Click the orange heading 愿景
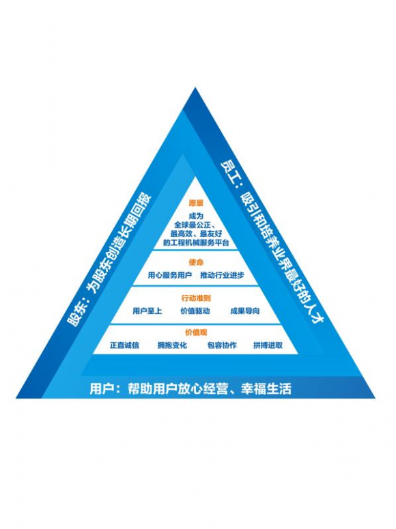pyautogui.click(x=196, y=203)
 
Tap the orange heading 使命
pyautogui.click(x=196, y=262)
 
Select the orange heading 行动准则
pyautogui.click(x=196, y=298)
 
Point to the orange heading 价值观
pyautogui.click(x=196, y=332)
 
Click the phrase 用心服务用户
pyautogui.click(x=170, y=275)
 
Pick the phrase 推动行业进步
pyautogui.click(x=222, y=275)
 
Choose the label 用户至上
pyautogui.click(x=147, y=311)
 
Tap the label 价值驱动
pyautogui.click(x=195, y=311)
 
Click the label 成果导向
pyautogui.click(x=245, y=311)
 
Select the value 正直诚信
pyautogui.click(x=124, y=345)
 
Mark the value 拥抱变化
pyautogui.click(x=172, y=345)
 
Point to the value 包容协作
pyautogui.click(x=222, y=345)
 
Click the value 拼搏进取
pyautogui.click(x=268, y=345)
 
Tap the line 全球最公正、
pyautogui.click(x=196, y=225)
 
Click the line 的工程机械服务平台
pyautogui.click(x=196, y=242)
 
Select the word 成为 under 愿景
pyautogui.click(x=196, y=216)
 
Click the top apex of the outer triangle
pyautogui.click(x=195, y=88)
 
